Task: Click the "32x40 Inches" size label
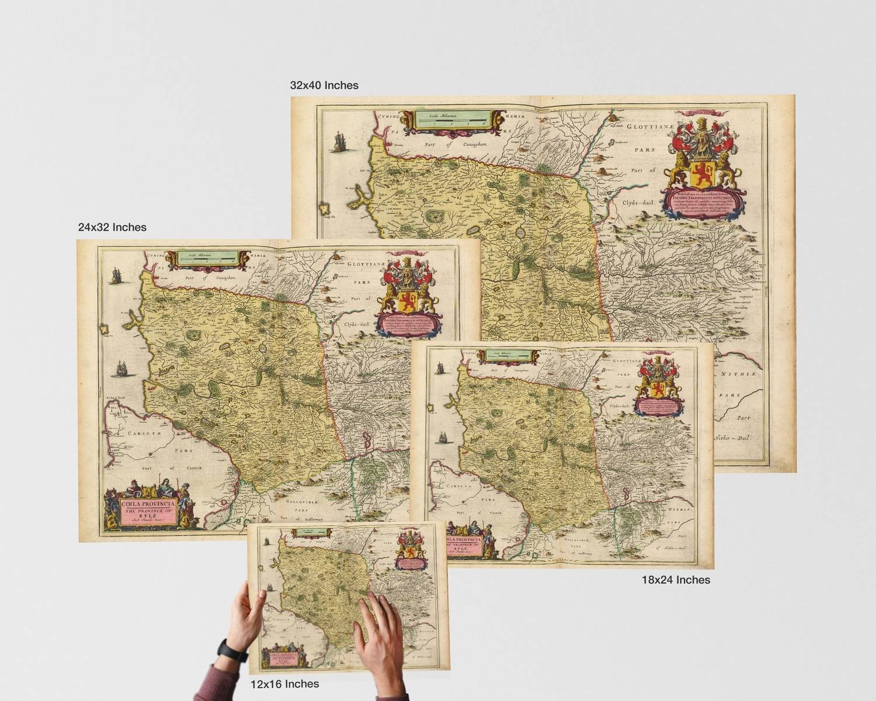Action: [324, 85]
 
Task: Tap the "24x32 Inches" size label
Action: [112, 227]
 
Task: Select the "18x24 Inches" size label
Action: [676, 580]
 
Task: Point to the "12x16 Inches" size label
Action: [284, 683]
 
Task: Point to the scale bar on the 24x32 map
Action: [206, 258]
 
